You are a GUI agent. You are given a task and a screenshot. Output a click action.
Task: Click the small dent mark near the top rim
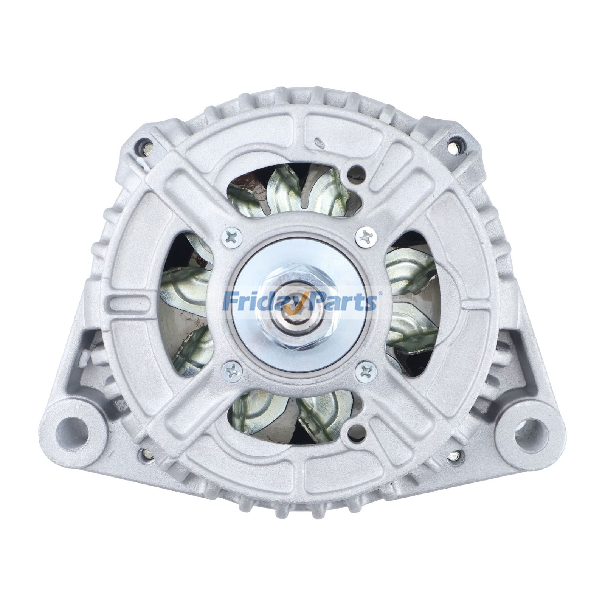[320, 143]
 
